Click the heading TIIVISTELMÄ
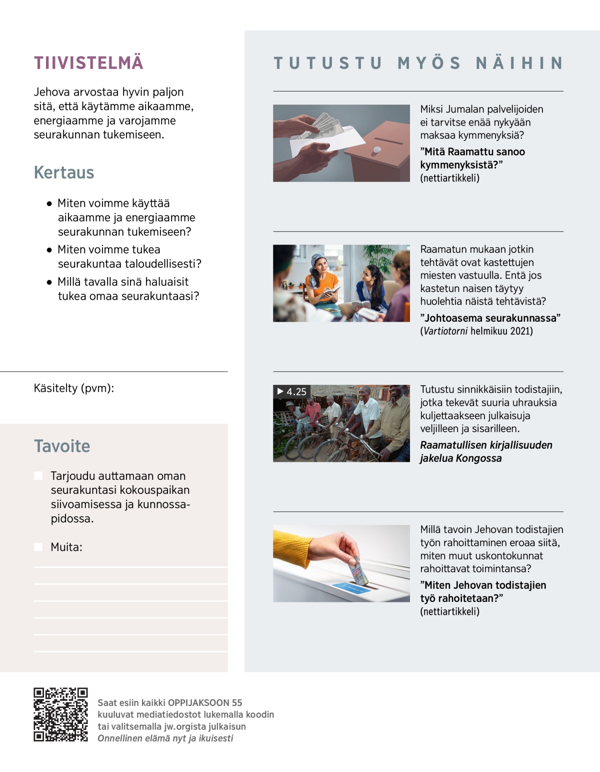coord(88,63)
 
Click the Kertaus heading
coord(64,173)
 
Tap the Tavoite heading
coord(62,446)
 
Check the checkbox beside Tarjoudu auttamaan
coord(38,476)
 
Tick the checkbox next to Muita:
coord(38,547)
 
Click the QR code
coord(60,714)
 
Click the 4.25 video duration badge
coord(292,392)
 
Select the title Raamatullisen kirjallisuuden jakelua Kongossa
coord(485,452)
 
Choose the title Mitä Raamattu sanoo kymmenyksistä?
coord(472,158)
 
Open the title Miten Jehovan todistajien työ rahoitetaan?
coord(483,592)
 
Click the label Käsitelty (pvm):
coord(74,388)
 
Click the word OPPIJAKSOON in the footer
coord(198,703)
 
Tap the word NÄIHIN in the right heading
coord(519,64)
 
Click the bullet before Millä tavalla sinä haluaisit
coord(49,282)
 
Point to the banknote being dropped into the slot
coord(359,571)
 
